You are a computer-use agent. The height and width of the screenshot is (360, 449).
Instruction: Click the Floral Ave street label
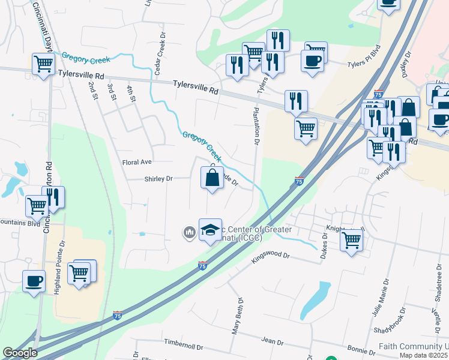pos(137,162)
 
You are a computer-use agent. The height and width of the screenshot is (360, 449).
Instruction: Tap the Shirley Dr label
pos(158,179)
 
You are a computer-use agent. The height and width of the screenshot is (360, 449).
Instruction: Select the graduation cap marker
pos(210,230)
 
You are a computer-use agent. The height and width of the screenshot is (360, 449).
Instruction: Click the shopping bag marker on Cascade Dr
pos(211,178)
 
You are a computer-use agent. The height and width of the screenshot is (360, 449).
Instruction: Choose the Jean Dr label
pos(272,341)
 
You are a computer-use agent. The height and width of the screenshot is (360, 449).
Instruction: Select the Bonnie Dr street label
pos(361,349)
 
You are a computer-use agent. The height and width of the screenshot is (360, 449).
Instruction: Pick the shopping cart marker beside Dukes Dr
pos(351,241)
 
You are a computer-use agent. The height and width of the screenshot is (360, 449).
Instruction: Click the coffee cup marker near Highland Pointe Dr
pos(34,281)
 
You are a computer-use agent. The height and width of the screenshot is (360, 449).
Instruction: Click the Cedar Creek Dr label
pos(160,55)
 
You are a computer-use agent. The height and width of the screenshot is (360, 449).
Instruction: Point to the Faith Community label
pos(414,347)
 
